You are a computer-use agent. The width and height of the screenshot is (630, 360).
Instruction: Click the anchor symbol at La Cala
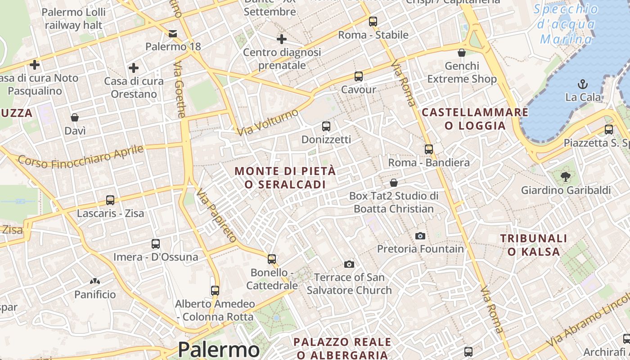583,84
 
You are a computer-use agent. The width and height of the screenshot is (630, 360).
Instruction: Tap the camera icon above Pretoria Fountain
420,236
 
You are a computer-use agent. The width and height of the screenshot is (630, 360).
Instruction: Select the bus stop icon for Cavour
358,76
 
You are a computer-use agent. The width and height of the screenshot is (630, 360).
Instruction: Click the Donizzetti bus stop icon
326,126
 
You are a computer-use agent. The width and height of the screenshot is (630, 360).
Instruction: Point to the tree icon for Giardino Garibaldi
566,177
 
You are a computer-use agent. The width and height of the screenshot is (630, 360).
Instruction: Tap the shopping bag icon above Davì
75,118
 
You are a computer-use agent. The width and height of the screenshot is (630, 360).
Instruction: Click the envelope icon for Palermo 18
173,34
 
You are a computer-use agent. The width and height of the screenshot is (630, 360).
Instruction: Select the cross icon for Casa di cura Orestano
133,68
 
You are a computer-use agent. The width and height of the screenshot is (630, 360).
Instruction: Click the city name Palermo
219,350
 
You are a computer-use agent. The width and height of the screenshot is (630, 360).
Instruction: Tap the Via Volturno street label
268,122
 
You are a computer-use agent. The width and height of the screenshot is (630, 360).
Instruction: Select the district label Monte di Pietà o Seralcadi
285,178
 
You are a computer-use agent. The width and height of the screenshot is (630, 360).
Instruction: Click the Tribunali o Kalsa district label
534,245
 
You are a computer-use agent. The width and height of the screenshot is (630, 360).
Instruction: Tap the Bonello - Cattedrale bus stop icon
272,259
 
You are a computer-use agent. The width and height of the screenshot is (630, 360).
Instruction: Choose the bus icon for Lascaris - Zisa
110,200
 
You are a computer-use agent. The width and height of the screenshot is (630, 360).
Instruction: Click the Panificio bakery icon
95,282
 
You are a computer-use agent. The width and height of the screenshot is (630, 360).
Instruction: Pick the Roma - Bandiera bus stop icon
429,149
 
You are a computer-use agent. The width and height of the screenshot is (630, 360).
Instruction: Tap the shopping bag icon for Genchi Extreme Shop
462,53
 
